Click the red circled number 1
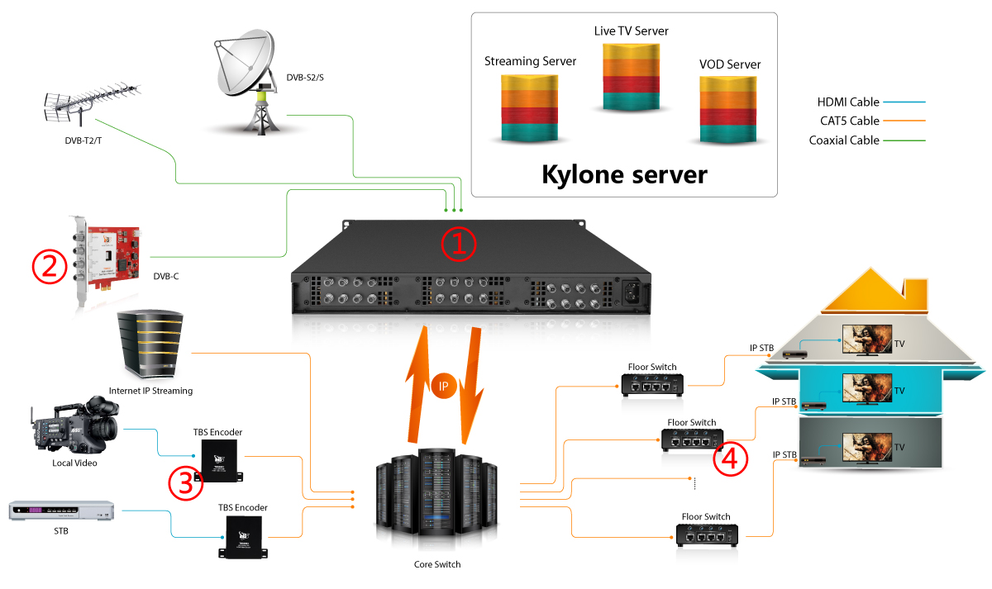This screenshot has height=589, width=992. click(459, 242)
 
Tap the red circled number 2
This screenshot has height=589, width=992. click(49, 265)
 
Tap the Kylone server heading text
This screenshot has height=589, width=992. click(624, 174)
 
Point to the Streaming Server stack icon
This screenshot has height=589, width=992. click(530, 107)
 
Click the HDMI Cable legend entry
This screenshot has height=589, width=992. click(847, 102)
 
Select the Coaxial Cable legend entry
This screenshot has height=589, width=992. click(844, 140)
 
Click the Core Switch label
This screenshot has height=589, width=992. click(436, 565)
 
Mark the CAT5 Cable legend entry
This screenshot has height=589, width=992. click(848, 121)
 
